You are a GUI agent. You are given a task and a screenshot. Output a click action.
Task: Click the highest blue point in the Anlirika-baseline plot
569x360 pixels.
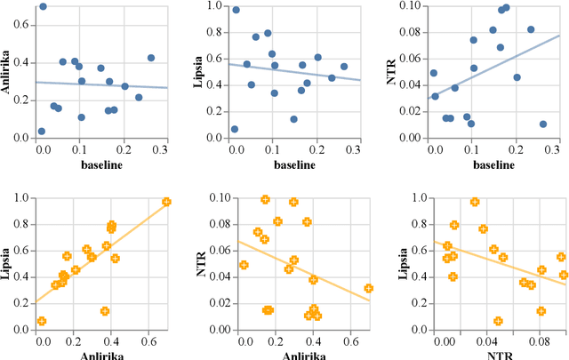[43, 6]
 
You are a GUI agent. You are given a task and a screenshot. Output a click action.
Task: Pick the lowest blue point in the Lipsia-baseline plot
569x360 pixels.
[235, 129]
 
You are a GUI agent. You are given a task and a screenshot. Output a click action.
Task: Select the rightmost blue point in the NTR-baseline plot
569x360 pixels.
[542, 124]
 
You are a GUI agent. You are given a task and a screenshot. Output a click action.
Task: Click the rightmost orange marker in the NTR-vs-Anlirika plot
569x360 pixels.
[368, 288]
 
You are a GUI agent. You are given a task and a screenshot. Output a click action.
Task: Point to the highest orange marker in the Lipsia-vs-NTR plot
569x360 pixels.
[474, 202]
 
